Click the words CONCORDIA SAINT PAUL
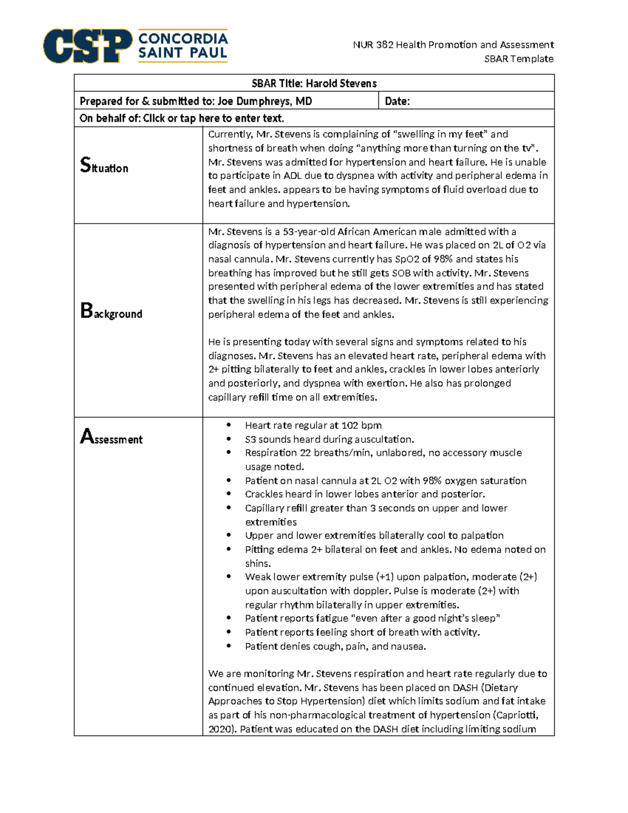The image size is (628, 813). click(183, 46)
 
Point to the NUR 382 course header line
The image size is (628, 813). click(453, 45)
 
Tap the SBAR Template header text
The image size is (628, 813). click(518, 59)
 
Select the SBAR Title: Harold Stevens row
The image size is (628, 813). click(314, 83)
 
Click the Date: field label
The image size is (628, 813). click(397, 101)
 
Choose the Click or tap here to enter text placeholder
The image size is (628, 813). click(214, 118)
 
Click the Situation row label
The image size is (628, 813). click(104, 166)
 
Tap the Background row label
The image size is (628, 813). click(111, 313)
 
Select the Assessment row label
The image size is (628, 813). click(111, 438)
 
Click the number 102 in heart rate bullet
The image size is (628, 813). click(350, 426)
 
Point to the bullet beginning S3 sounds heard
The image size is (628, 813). click(329, 439)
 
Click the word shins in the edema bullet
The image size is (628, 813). click(257, 564)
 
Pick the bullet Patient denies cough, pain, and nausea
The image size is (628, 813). click(335, 647)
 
